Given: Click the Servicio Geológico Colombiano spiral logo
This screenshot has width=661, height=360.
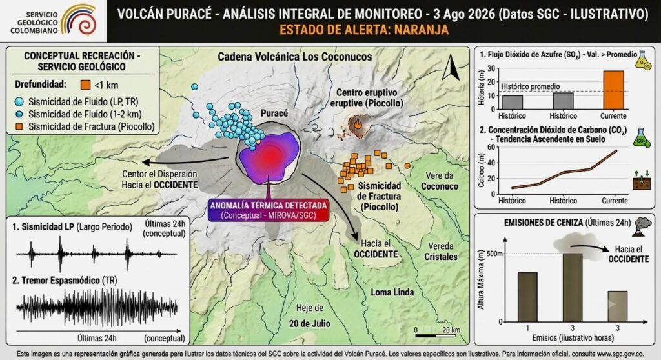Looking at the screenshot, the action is click(79, 20).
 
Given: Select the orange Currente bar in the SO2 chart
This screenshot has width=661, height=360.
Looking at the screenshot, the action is click(613, 90).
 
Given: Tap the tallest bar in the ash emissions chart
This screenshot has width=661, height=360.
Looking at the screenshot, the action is click(573, 288).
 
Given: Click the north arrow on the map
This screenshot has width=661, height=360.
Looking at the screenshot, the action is click(451, 67).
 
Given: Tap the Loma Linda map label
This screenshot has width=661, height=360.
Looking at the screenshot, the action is click(392, 292).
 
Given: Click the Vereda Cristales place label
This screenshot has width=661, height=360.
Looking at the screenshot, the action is click(440, 251).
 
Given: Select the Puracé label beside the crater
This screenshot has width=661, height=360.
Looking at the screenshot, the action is click(274, 113).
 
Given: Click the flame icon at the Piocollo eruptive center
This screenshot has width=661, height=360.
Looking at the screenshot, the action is click(358, 125).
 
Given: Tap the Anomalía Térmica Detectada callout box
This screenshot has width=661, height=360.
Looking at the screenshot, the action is click(269, 210).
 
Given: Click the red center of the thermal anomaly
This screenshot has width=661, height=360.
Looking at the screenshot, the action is click(270, 156).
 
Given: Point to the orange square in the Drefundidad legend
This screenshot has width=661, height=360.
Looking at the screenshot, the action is click(85, 85).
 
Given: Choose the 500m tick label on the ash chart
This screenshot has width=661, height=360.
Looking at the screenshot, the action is click(494, 254).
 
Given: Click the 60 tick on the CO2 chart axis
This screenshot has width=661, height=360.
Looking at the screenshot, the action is click(491, 146).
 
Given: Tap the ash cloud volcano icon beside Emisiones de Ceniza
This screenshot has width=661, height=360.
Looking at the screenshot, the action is click(641, 227).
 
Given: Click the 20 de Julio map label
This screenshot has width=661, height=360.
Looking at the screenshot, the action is click(309, 323).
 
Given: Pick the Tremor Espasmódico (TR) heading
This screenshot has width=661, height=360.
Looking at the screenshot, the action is click(65, 281).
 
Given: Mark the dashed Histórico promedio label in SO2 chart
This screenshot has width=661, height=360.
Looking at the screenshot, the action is click(531, 86).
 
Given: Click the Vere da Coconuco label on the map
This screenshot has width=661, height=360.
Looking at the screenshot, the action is click(439, 181).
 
